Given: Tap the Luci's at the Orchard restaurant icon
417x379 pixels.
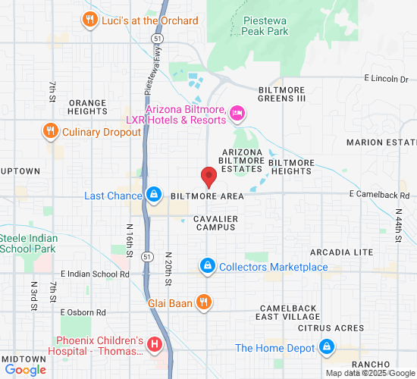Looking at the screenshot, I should pyautogui.click(x=90, y=20).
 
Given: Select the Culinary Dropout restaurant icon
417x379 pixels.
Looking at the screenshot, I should pyautogui.click(x=51, y=131).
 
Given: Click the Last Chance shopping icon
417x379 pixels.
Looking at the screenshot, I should pyautogui.click(x=154, y=196).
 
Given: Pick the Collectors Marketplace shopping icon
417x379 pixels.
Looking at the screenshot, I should pyautogui.click(x=207, y=267).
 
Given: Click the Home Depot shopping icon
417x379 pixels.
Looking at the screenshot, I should pyautogui.click(x=327, y=348).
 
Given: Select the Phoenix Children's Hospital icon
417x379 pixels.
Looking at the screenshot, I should pyautogui.click(x=155, y=346).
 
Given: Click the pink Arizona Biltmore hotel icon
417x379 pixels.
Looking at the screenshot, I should pyautogui.click(x=237, y=114).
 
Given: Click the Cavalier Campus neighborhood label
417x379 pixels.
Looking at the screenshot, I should pyautogui.click(x=216, y=224).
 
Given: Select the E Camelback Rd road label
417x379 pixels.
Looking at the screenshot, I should pyautogui.click(x=379, y=196).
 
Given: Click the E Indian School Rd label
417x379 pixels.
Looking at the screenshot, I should pyautogui.click(x=94, y=274).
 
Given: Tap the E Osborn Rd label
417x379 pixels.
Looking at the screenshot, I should pyautogui.click(x=83, y=312).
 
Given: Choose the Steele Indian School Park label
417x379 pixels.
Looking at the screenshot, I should pyautogui.click(x=28, y=243).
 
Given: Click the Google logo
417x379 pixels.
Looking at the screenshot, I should pyautogui.click(x=25, y=370).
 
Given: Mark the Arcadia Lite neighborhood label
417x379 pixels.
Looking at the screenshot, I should pyautogui.click(x=341, y=252).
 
